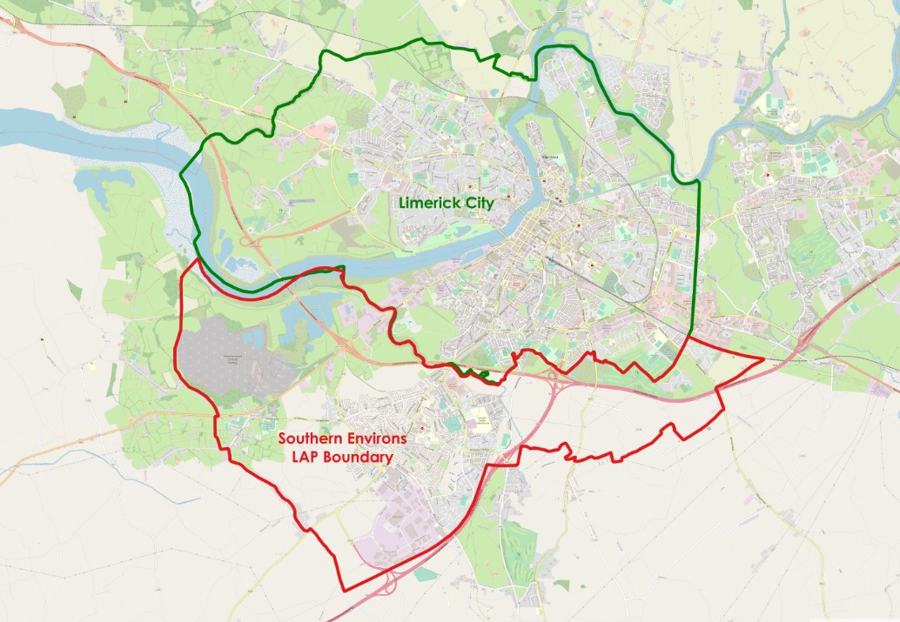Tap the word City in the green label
coord(479,204)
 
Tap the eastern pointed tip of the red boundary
coord(763,358)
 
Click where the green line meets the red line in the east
coord(689,335)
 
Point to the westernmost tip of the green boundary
coord(181,174)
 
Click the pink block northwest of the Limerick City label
coord(320,132)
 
